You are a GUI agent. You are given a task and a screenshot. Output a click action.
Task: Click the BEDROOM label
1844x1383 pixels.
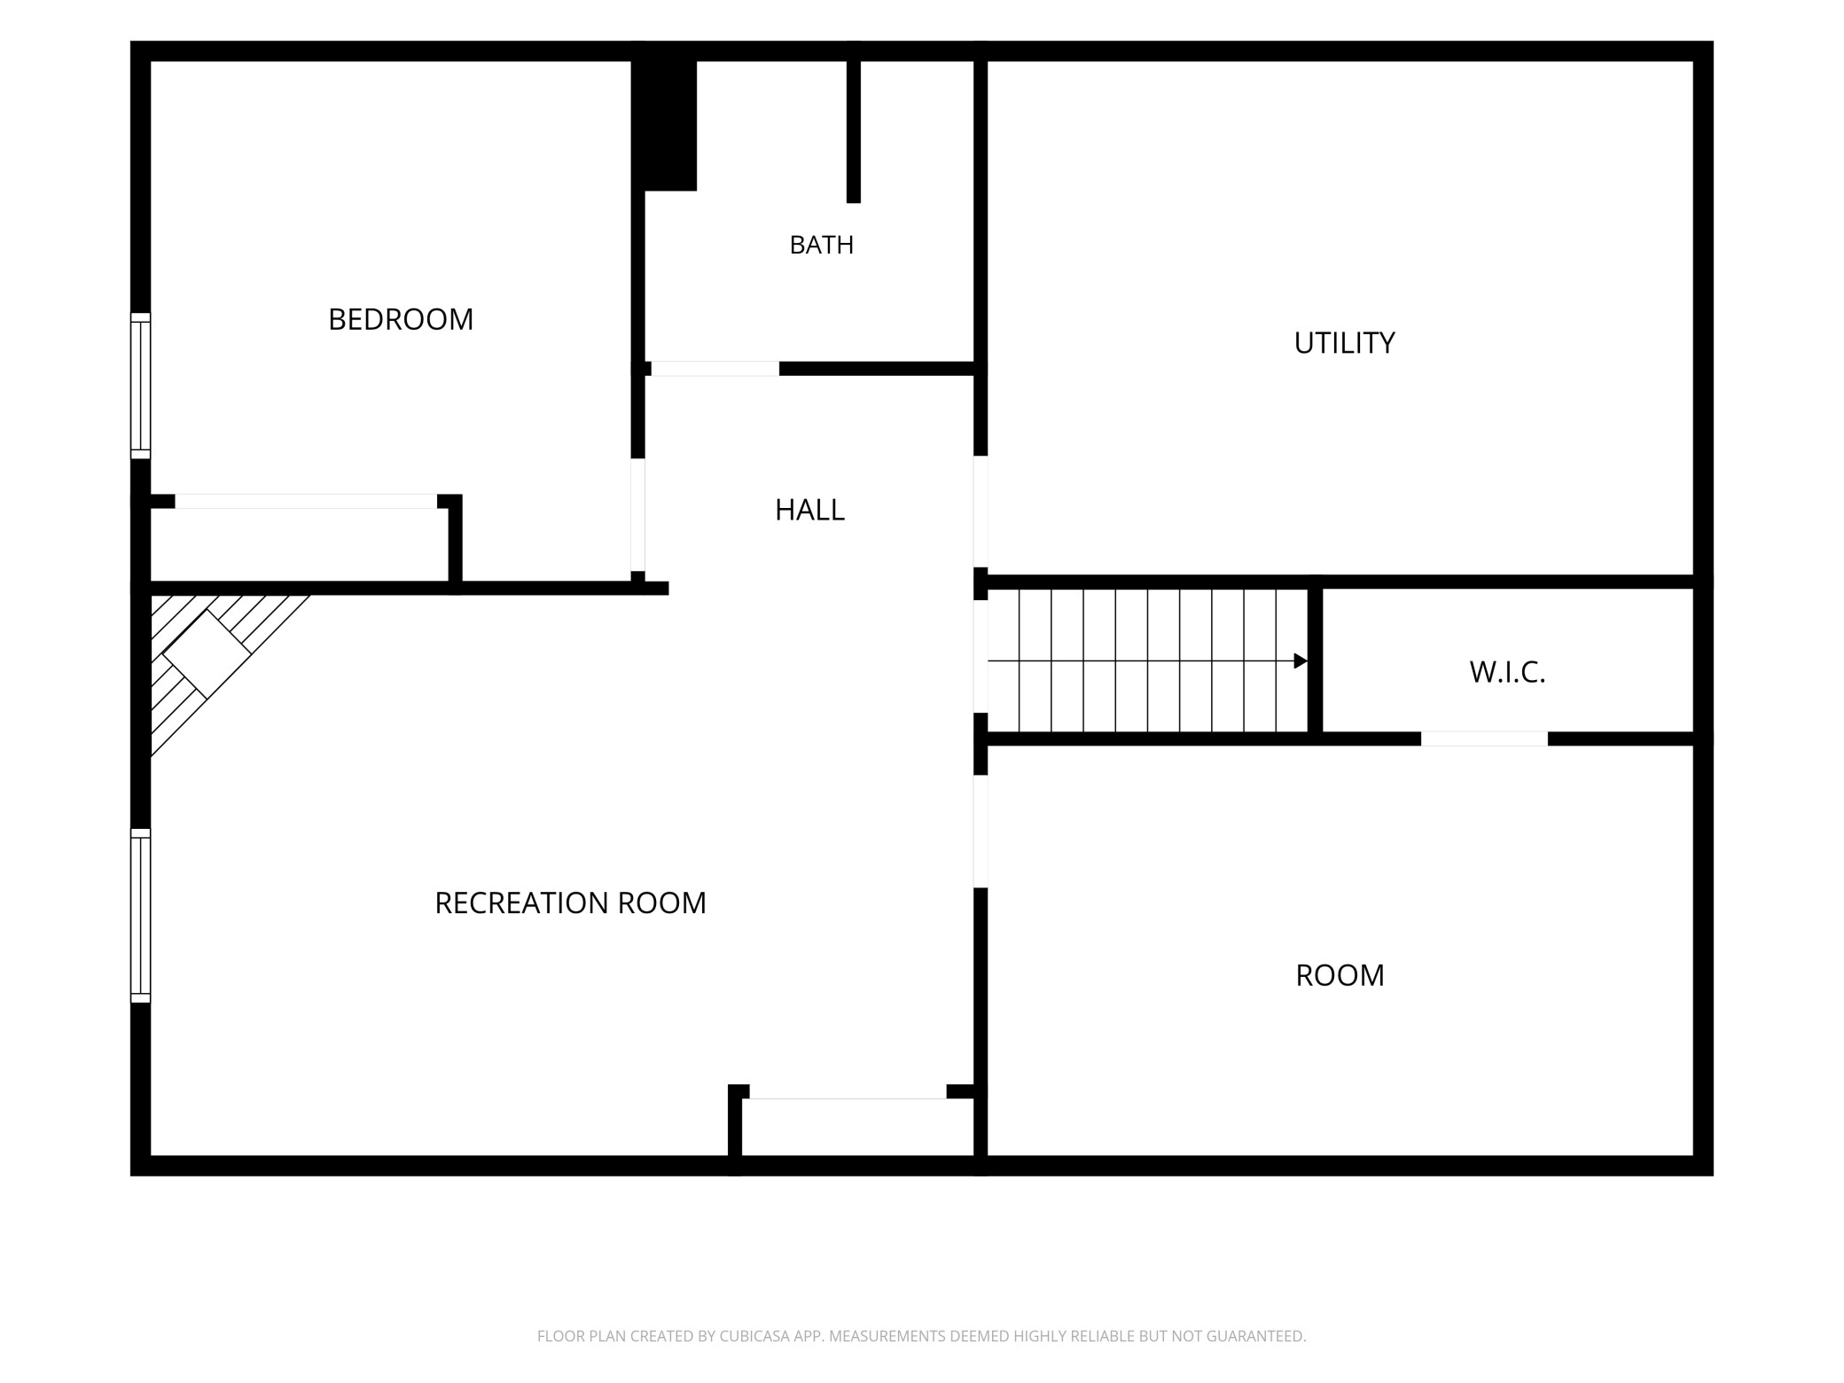[401, 319]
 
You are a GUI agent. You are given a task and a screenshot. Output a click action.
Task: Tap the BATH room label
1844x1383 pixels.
[822, 245]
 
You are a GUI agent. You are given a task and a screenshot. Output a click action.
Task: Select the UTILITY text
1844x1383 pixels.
[1344, 343]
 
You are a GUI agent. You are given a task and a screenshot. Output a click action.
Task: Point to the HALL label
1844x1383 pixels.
[809, 510]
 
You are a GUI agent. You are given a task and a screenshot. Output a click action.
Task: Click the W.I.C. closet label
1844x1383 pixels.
[1507, 673]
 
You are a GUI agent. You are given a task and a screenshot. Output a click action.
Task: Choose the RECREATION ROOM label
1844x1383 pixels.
[570, 903]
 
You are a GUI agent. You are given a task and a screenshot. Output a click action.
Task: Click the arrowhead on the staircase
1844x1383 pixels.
[1301, 660]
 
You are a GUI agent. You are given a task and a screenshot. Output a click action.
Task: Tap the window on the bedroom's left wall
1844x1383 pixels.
[140, 386]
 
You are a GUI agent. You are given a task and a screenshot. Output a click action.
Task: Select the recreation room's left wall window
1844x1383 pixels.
[140, 916]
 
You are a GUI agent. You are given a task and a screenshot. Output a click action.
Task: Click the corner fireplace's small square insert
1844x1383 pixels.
[207, 654]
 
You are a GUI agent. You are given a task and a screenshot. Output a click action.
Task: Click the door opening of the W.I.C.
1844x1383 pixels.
[1484, 738]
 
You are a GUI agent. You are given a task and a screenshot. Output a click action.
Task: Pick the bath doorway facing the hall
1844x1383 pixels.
[715, 369]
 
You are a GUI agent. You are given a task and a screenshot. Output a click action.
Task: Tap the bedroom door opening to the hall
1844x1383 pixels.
[637, 514]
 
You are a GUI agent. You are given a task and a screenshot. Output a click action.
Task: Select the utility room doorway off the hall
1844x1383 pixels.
[981, 512]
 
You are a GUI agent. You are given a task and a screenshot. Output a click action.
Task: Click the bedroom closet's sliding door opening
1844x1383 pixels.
[306, 501]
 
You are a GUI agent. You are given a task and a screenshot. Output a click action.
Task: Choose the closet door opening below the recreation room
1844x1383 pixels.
[848, 1091]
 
